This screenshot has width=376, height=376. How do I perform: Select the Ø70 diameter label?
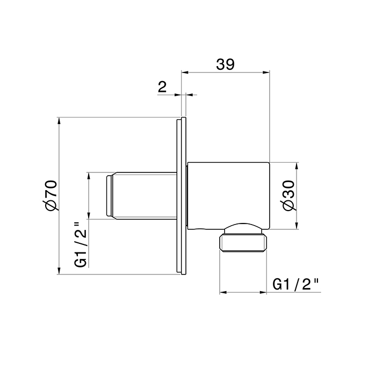point(50,196)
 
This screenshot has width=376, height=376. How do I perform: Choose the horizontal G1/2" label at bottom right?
point(296,284)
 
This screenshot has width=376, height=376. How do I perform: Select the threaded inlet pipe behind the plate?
point(145,196)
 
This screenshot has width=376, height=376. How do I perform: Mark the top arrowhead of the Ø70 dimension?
point(59,120)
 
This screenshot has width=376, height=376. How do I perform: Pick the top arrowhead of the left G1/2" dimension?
point(89,176)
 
